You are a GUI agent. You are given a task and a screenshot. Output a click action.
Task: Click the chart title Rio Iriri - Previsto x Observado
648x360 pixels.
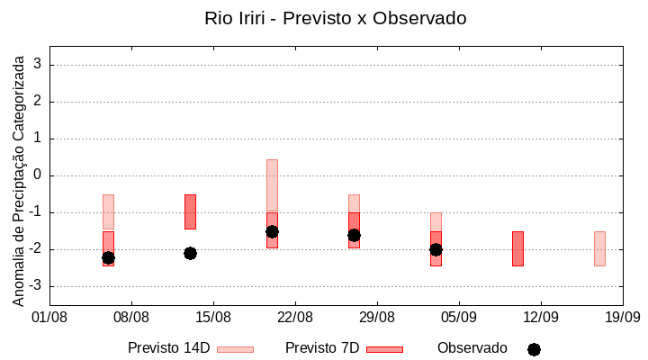tap(336, 18)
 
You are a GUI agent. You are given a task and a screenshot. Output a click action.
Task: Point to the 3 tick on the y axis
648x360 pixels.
tap(38, 65)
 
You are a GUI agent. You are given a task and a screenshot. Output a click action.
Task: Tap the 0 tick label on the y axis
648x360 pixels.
tap(38, 175)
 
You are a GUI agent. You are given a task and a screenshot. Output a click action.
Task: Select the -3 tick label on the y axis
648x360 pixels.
tap(34, 286)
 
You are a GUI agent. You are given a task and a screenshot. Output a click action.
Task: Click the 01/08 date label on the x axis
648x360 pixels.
tap(49, 317)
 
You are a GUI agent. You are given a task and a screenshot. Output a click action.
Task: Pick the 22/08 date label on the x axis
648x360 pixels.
tap(295, 317)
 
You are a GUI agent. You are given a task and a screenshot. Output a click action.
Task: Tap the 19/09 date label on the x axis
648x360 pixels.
tap(622, 317)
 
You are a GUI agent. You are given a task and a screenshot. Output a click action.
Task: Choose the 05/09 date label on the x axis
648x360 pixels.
tap(459, 317)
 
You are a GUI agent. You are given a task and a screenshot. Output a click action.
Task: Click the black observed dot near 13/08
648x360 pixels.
tap(190, 253)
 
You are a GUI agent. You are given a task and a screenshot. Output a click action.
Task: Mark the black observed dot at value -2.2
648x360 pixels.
tap(108, 257)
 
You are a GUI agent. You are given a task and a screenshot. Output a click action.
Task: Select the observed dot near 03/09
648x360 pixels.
tap(436, 249)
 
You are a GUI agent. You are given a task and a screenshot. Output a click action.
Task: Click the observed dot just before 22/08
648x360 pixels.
tap(272, 231)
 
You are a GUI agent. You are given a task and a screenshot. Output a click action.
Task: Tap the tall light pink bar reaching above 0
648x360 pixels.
tap(272, 184)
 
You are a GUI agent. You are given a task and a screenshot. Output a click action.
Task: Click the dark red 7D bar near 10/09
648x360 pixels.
tap(517, 248)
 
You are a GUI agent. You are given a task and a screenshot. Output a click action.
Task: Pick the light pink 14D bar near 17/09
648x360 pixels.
tap(599, 248)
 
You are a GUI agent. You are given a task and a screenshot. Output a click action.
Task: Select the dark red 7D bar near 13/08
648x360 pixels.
tap(190, 211)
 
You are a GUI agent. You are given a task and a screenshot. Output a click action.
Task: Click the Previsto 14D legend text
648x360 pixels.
tap(168, 348)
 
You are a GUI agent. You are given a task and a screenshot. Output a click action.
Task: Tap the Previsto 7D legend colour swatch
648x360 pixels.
tap(384, 349)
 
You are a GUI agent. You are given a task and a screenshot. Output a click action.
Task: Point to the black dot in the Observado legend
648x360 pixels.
tap(534, 349)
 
